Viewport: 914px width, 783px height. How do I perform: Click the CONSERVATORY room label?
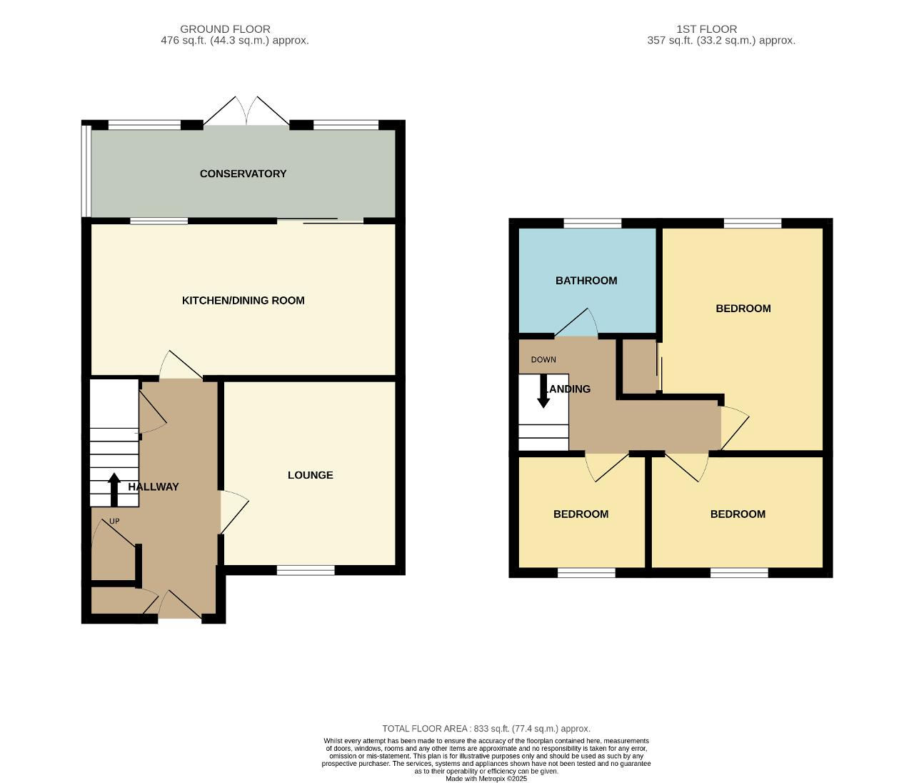(x=243, y=174)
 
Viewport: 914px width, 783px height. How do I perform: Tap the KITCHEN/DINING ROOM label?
(x=243, y=301)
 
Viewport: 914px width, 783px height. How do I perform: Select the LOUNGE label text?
(x=311, y=475)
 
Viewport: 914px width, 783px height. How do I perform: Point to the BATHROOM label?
(x=586, y=281)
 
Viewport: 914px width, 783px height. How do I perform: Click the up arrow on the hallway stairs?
(x=114, y=489)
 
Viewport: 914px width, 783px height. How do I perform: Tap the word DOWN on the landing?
(x=543, y=359)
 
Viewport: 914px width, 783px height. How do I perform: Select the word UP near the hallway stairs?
(x=114, y=521)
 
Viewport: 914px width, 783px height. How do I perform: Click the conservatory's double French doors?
(x=246, y=111)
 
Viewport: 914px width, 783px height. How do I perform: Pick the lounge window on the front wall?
(x=306, y=571)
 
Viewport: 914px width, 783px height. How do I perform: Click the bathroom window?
(x=593, y=223)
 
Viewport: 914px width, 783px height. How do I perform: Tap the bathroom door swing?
(x=576, y=322)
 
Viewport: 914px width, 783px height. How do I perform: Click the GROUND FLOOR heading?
(x=225, y=29)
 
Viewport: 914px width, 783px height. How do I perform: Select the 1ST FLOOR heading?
(x=707, y=29)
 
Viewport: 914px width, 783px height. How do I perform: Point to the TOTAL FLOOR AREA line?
(x=486, y=729)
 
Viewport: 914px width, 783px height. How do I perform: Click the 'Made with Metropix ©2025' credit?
(x=486, y=779)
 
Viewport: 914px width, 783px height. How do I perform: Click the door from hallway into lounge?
(x=234, y=512)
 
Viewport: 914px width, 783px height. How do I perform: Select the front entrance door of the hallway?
(x=180, y=604)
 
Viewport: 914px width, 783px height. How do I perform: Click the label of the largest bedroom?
(x=743, y=309)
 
